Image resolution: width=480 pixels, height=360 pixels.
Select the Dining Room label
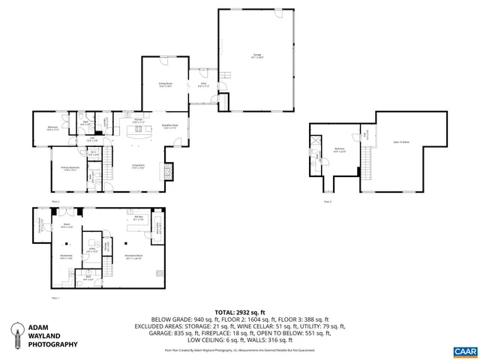coord(165,85)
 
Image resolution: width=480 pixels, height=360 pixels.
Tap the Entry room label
coord(202,85)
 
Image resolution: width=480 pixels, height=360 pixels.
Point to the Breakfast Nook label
coord(169,126)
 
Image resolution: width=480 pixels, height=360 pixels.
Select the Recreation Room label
coord(133,256)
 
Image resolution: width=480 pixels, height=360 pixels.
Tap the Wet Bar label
coord(139,219)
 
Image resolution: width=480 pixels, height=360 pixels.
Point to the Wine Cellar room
coord(157,227)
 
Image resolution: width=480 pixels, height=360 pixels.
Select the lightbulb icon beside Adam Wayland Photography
coord(13,334)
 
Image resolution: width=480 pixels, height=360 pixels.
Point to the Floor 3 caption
coord(327,202)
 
